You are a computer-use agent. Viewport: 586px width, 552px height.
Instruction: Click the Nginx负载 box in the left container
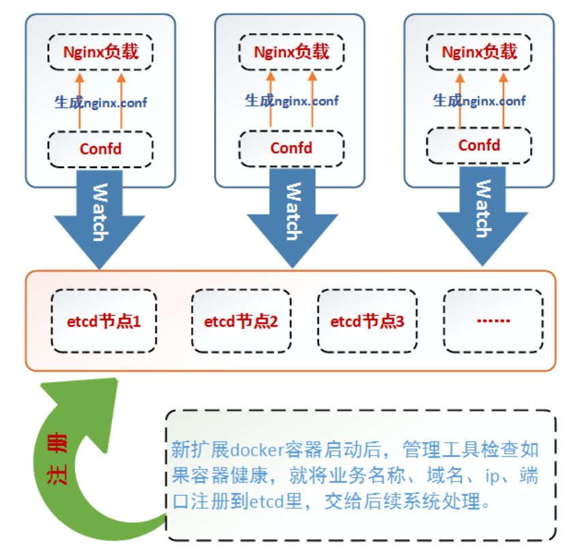tap(101, 52)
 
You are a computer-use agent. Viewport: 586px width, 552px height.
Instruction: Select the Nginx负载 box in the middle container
tap(291, 52)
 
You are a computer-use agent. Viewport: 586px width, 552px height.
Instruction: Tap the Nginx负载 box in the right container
tap(479, 52)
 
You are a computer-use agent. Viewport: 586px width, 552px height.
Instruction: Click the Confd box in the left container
tap(101, 148)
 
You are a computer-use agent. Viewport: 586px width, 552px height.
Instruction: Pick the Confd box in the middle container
tap(291, 148)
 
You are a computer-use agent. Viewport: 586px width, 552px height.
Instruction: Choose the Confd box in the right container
tap(479, 145)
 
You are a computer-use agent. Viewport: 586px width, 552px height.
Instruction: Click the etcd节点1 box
tap(104, 321)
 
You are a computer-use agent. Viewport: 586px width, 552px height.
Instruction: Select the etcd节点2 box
tap(241, 321)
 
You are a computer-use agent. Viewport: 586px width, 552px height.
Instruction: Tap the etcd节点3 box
tap(368, 321)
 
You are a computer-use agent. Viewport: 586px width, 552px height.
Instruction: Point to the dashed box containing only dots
tap(494, 321)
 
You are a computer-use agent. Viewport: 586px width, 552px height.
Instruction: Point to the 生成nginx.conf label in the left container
tap(101, 103)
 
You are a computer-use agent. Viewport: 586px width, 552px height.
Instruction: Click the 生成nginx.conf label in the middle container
tap(291, 101)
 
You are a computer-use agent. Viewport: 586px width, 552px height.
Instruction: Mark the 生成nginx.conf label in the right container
tap(479, 101)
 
